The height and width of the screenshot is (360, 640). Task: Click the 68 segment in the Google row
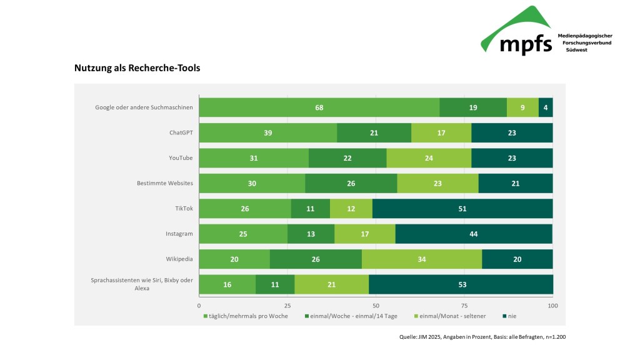319,107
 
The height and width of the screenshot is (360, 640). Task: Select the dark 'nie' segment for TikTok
462,209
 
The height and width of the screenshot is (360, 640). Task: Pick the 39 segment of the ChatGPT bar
267,133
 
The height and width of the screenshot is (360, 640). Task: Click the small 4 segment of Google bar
546,107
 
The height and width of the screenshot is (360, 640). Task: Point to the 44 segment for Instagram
474,234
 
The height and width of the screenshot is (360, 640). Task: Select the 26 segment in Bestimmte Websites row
351,184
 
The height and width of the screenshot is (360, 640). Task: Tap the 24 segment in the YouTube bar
429,158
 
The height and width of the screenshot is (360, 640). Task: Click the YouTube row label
180,158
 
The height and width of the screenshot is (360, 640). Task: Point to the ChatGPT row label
181,133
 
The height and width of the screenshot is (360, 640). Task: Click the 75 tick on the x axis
465,306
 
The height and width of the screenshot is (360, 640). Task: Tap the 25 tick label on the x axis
287,306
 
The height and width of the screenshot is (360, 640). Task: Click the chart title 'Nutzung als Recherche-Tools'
137,68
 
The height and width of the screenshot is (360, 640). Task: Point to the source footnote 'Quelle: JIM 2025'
482,337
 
